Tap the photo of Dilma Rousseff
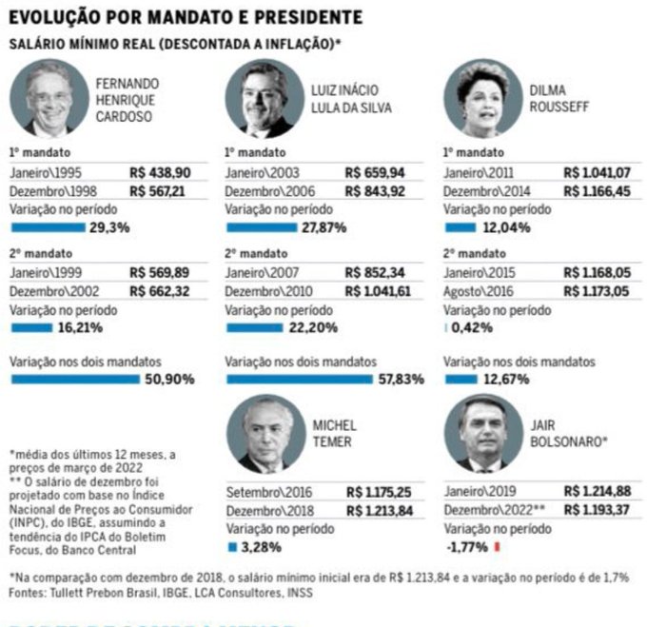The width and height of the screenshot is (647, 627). coord(482,99)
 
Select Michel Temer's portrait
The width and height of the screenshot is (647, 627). coord(265,434)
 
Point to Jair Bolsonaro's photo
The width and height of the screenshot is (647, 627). coord(482,434)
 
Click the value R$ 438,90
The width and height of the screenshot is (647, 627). coord(161,172)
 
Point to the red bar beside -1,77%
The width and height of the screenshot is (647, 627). coord(497,547)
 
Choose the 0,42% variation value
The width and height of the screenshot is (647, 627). coord(472,327)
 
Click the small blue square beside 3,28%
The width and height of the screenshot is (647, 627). coord(231,547)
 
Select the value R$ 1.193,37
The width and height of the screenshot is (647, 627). coord(596,509)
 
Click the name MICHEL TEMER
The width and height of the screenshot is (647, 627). coord(334,434)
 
